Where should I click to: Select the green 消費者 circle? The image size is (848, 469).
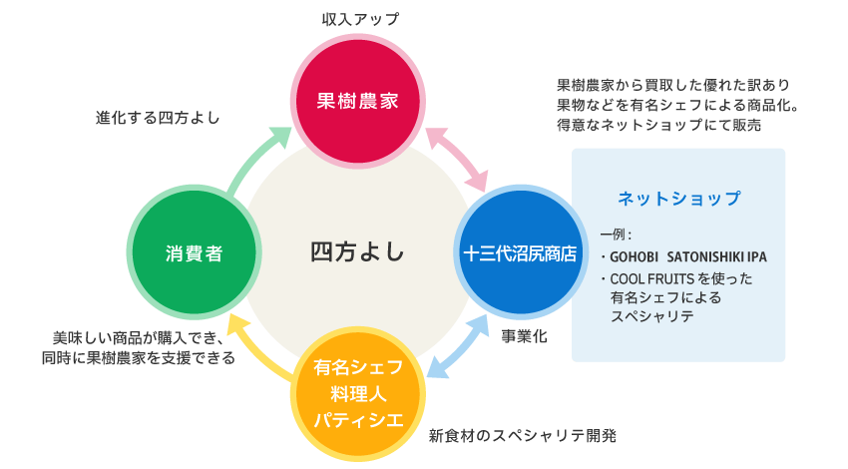pyautogui.click(x=194, y=253)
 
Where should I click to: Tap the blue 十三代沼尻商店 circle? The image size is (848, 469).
pyautogui.click(x=519, y=253)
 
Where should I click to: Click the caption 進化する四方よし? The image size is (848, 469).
pyautogui.click(x=158, y=117)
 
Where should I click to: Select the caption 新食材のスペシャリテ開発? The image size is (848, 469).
pyautogui.click(x=522, y=436)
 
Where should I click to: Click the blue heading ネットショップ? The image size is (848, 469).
pyautogui.click(x=678, y=199)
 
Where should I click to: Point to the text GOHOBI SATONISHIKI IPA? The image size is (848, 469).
pyautogui.click(x=688, y=256)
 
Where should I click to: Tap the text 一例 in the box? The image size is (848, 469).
pyautogui.click(x=615, y=234)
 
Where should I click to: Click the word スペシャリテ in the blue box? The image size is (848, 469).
pyautogui.click(x=651, y=316)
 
